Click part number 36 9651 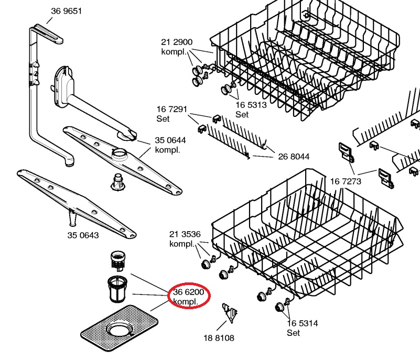click(66, 12)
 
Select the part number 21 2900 click(177, 42)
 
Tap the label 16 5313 click(251, 105)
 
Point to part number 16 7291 click(171, 110)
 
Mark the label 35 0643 click(83, 235)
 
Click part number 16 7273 click(346, 182)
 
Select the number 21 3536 click(185, 234)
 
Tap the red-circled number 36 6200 click(189, 292)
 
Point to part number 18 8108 click(219, 338)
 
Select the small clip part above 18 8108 click(229, 312)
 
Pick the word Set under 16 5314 click(294, 333)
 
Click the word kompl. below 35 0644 click(168, 150)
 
